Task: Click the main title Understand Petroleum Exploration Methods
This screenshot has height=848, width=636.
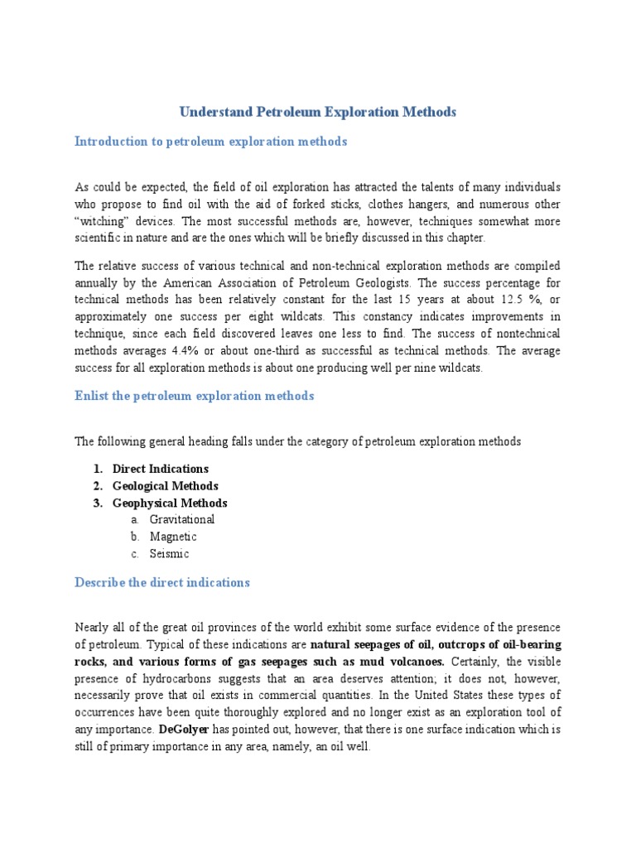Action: tap(318, 112)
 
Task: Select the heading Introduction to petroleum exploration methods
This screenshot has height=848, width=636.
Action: tap(210, 142)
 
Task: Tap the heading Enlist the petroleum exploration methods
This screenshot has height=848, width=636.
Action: tap(195, 396)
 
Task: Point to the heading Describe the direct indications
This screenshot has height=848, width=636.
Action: tap(162, 582)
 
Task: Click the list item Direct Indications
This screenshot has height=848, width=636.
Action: tap(161, 469)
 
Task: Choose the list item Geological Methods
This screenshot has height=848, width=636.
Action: tap(166, 486)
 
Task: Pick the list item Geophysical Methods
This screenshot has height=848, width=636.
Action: tap(170, 503)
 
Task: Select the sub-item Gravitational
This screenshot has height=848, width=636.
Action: tap(182, 519)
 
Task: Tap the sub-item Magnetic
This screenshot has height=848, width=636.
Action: tap(173, 537)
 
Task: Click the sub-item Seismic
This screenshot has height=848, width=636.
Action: tap(170, 554)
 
